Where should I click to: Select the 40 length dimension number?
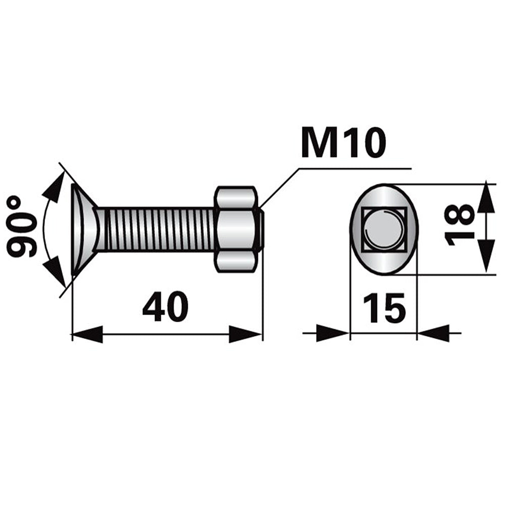click(165, 308)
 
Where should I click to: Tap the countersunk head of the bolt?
click(84, 229)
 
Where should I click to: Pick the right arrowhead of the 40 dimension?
click(247, 334)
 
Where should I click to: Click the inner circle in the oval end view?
click(384, 229)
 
